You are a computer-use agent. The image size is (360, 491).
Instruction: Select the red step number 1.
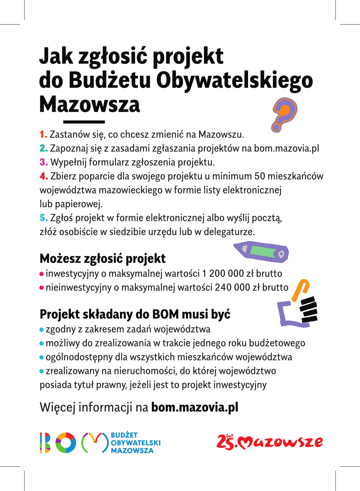(x=43, y=134)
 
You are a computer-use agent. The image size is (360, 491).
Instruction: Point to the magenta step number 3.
(x=44, y=162)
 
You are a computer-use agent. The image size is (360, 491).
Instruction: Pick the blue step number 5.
(x=44, y=218)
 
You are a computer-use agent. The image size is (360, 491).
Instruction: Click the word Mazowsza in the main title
(x=90, y=104)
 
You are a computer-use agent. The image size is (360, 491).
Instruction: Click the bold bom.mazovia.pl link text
(x=195, y=407)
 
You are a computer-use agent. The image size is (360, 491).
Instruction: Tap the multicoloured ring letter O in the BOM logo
(x=66, y=443)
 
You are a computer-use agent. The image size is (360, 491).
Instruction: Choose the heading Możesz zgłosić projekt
(x=102, y=259)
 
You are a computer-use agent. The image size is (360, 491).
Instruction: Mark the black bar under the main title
(x=84, y=122)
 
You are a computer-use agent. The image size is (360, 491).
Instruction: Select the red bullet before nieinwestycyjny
(x=42, y=288)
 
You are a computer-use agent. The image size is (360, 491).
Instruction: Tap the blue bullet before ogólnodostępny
(x=42, y=358)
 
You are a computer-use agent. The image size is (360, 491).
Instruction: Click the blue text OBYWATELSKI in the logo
(x=136, y=443)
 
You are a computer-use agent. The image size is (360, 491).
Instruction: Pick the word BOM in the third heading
(x=165, y=314)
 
